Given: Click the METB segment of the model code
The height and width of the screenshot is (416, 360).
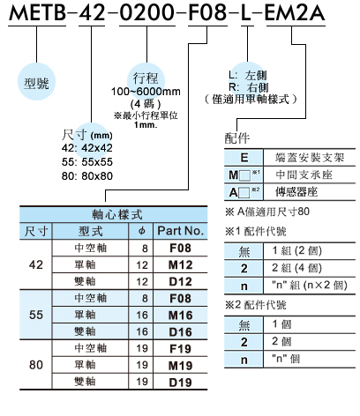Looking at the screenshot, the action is click(x=37, y=13).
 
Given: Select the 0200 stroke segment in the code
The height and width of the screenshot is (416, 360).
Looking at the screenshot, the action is click(x=147, y=13).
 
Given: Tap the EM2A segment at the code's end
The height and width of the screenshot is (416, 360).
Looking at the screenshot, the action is click(x=295, y=13).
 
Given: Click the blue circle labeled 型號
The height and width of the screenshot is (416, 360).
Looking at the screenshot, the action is click(x=36, y=82).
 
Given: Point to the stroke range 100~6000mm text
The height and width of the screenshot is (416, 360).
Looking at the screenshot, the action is click(x=146, y=92).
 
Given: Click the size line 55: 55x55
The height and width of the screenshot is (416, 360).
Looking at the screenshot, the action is click(x=87, y=162).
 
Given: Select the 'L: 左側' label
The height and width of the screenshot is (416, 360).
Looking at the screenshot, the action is click(x=248, y=75).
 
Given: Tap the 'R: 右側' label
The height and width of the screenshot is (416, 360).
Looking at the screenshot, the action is click(x=249, y=87).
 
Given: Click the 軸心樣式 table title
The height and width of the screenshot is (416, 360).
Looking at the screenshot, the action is click(x=117, y=214).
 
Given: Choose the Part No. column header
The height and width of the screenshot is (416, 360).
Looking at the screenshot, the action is click(x=181, y=231).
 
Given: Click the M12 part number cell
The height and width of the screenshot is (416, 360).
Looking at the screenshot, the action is click(x=181, y=265).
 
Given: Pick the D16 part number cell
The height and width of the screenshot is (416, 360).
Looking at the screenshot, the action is click(x=181, y=332).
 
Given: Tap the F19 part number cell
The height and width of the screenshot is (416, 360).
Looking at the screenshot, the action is click(x=181, y=349).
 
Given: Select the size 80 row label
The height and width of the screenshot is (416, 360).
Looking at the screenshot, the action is click(x=36, y=365).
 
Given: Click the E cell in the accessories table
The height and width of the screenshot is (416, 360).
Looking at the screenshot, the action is click(x=244, y=158).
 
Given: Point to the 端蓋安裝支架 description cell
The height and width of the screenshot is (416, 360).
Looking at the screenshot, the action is click(x=310, y=158).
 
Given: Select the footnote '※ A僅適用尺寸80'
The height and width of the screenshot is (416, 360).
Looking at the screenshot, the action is click(x=267, y=212).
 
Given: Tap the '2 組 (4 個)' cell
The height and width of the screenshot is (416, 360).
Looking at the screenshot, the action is click(x=296, y=268).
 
